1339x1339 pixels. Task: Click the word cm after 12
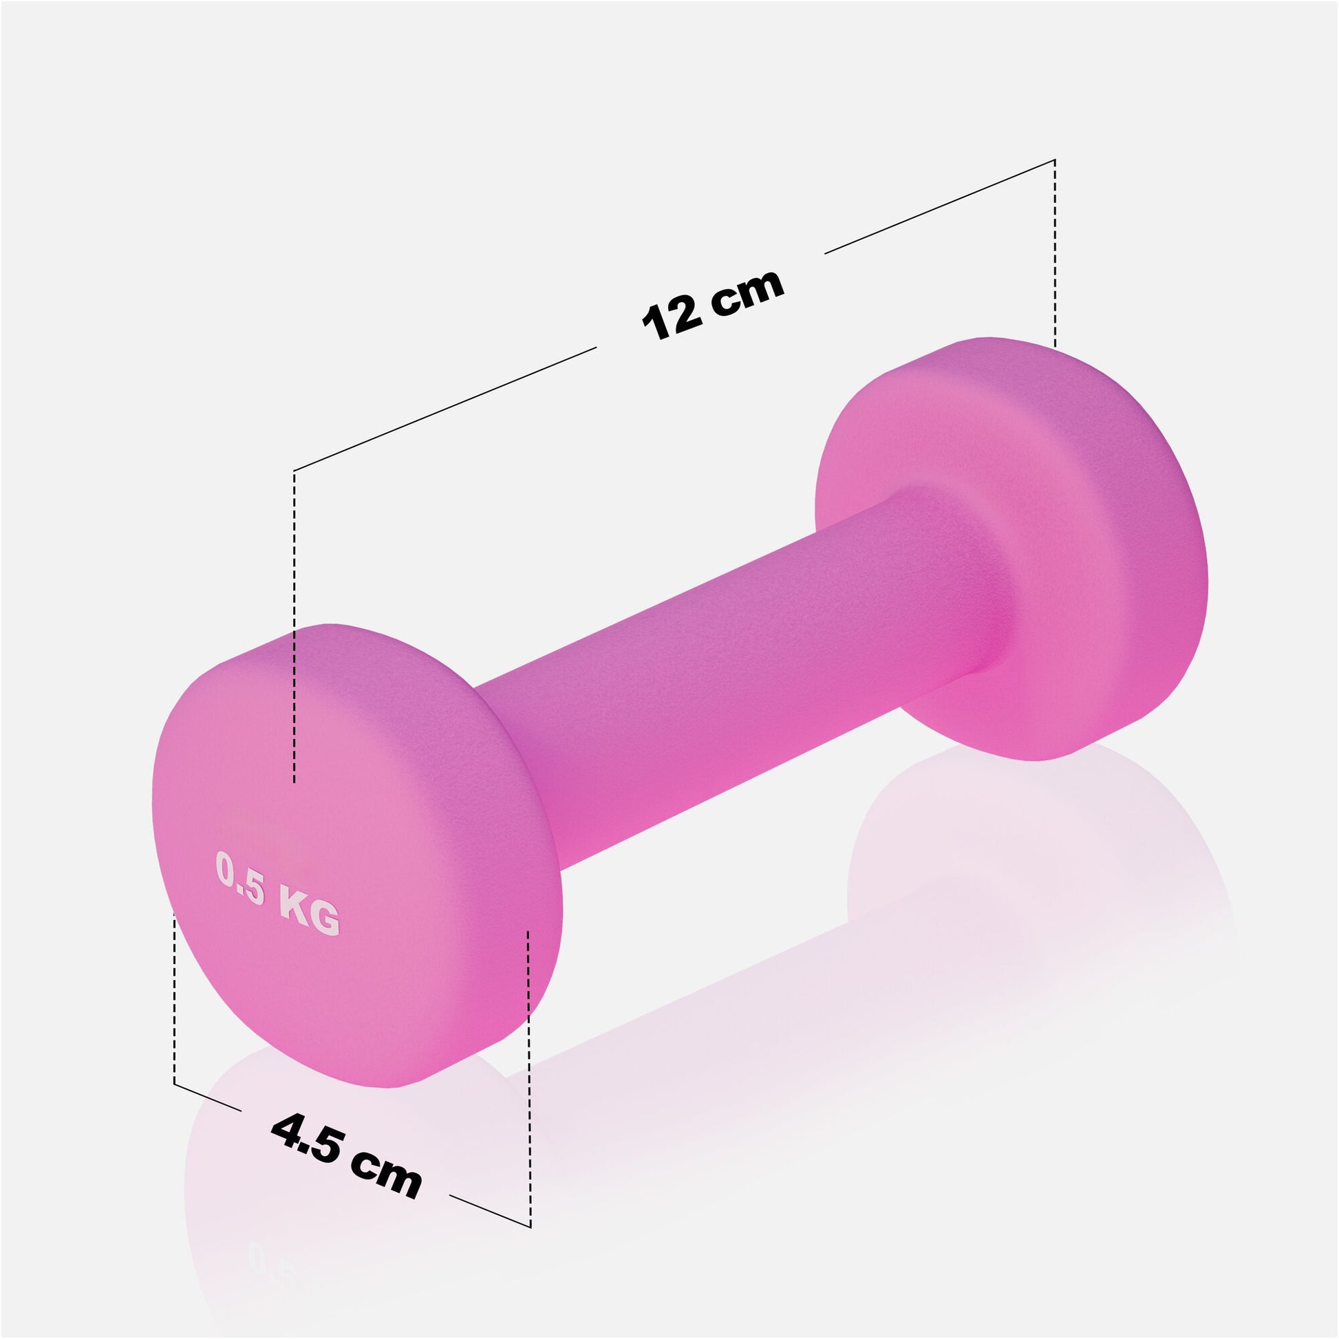749,290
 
